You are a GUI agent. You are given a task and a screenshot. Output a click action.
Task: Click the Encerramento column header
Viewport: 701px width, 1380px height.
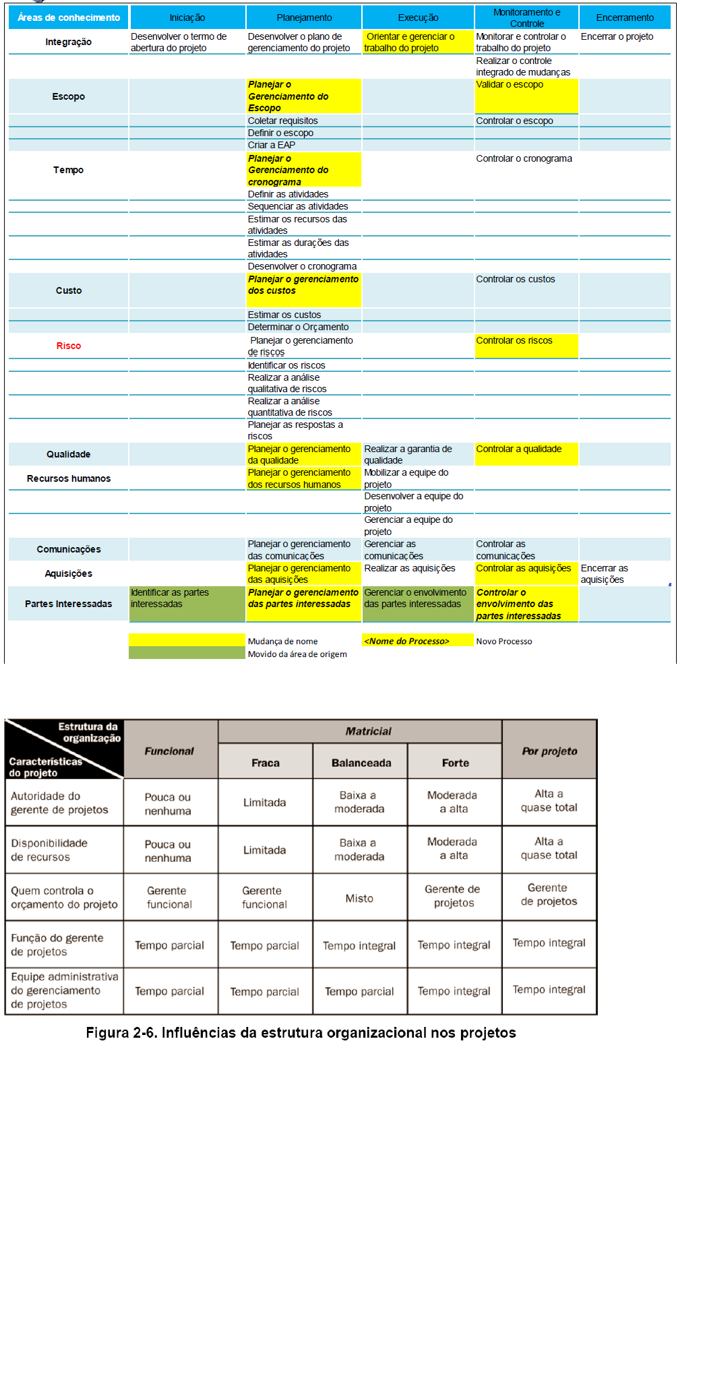tap(624, 18)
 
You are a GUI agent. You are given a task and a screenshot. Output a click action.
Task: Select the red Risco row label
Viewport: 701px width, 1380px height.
tap(69, 346)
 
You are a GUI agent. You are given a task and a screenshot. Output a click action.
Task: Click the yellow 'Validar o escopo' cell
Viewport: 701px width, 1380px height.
tap(526, 96)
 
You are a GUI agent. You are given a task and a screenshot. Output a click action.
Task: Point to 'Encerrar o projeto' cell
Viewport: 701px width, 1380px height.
tap(617, 36)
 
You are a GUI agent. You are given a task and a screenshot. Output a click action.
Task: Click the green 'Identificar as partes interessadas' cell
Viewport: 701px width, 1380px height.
tap(187, 603)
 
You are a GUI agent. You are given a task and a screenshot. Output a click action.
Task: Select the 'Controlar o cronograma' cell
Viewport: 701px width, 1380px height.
tap(524, 158)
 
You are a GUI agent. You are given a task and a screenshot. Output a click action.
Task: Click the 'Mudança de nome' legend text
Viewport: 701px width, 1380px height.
tap(282, 641)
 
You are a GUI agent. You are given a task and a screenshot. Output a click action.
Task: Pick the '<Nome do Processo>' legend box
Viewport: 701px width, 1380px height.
tap(418, 641)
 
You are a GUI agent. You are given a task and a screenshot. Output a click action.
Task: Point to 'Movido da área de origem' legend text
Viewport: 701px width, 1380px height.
tap(297, 654)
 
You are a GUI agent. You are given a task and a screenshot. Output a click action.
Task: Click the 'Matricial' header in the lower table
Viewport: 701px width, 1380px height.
tap(368, 731)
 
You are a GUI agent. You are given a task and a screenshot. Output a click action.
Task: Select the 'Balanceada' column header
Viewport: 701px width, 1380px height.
tap(361, 763)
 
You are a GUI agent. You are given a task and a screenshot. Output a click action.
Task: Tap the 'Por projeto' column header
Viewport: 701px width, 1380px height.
tap(549, 751)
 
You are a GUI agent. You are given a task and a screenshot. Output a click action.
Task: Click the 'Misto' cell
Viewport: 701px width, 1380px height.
tap(359, 898)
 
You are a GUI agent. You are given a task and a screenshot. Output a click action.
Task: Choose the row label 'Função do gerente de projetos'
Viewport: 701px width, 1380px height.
tap(58, 945)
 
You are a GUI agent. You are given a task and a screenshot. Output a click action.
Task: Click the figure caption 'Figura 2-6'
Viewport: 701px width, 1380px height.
tap(301, 1033)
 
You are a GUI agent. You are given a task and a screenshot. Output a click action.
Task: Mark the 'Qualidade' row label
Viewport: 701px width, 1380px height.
tap(69, 454)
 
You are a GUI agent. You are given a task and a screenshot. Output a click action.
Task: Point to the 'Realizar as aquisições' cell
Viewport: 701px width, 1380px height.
tap(410, 568)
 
